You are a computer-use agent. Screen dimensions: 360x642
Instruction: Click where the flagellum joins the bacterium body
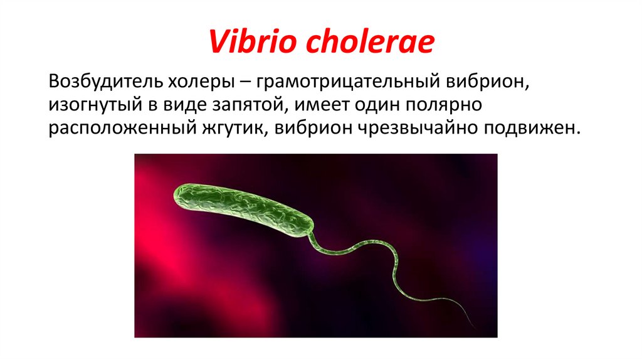pyautogui.click(x=310, y=236)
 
